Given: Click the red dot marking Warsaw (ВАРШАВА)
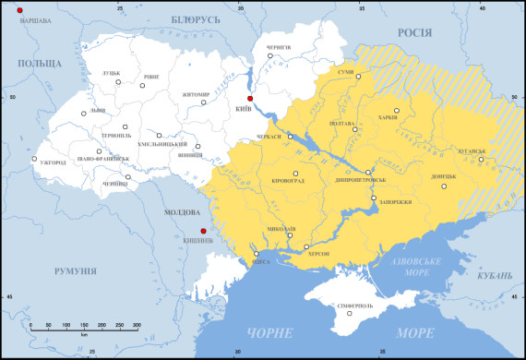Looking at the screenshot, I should (x=19, y=9).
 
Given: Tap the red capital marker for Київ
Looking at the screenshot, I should (x=248, y=98).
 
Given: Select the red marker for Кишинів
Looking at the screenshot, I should (x=203, y=231).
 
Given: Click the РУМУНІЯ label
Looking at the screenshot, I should (x=75, y=270).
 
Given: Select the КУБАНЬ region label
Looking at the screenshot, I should (x=496, y=275).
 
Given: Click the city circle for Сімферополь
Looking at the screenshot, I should (x=350, y=312).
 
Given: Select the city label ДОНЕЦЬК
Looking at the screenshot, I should (x=443, y=176).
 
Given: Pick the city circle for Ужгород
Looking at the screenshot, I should (x=34, y=159).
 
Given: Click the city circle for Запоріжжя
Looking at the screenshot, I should (x=373, y=198).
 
